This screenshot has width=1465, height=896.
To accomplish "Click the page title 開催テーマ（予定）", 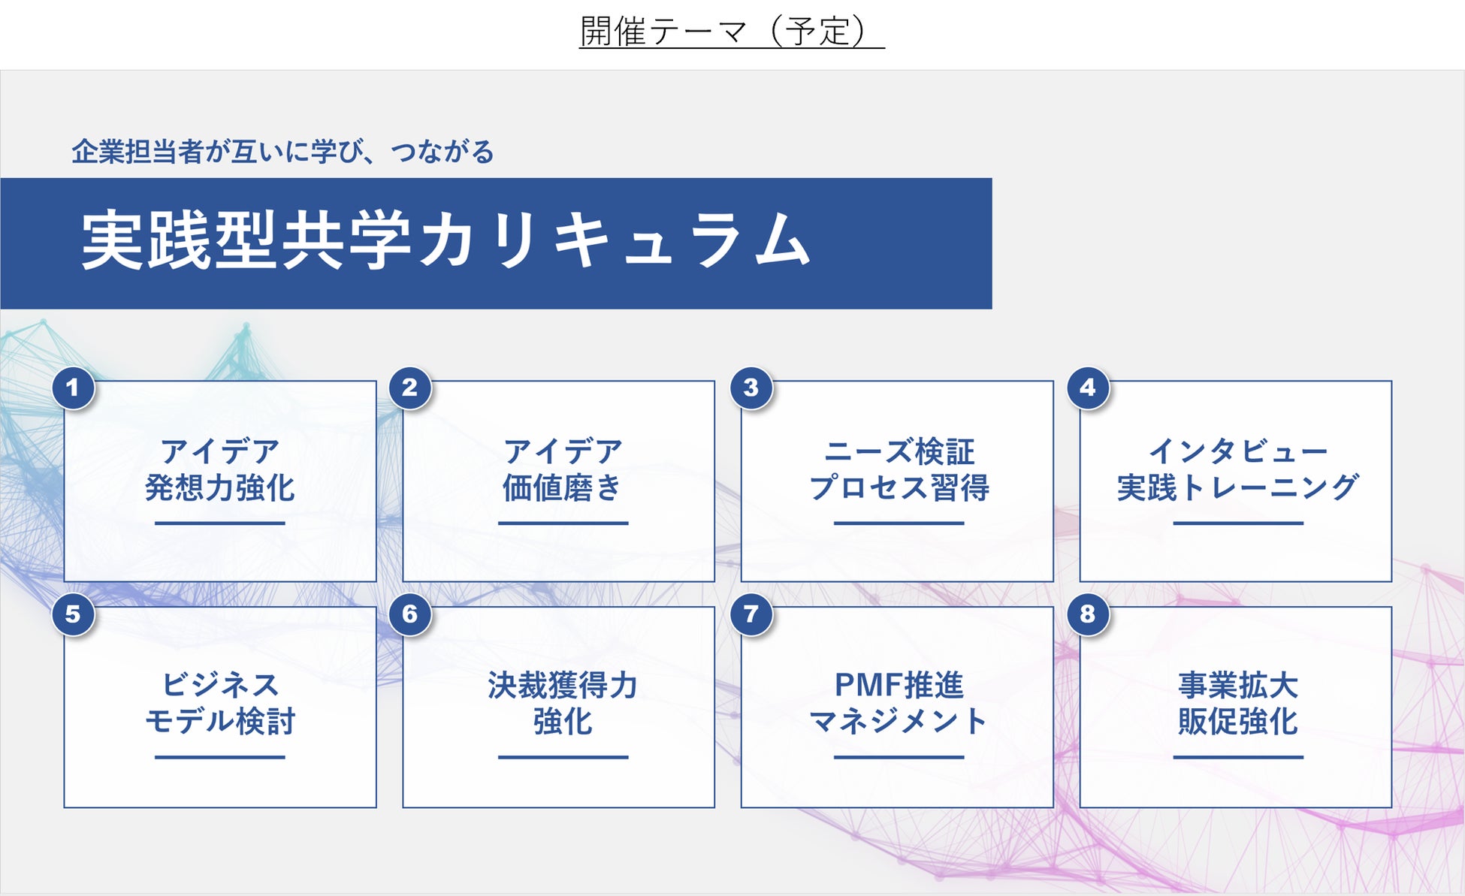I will point(731,32).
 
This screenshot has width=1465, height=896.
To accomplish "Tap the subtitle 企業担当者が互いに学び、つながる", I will point(282,152).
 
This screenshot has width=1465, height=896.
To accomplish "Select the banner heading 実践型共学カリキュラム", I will point(446,240).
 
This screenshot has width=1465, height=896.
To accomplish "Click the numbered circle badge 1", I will point(73,388).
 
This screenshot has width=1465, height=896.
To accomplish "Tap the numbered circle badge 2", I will point(409,388).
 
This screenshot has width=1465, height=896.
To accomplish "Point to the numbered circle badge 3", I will point(751,388).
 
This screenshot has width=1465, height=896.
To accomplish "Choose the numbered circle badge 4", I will point(1087,388).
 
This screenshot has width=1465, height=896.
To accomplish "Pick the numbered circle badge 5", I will point(73,614).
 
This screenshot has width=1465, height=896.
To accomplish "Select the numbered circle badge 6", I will point(409,614).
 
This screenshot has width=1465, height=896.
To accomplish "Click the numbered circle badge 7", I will point(751,614).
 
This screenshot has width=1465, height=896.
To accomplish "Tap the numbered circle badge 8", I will point(1087,614).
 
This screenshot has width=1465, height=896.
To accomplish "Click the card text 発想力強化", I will point(219,488).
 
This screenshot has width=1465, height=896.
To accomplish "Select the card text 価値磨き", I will point(562,488).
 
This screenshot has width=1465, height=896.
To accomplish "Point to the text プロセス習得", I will point(899,488).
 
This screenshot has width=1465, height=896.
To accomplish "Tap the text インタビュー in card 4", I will point(1237,451).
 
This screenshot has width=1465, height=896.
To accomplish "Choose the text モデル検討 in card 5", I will point(219,722).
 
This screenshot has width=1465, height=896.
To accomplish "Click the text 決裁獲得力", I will point(562,685).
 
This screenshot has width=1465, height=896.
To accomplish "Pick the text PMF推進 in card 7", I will point(899,685).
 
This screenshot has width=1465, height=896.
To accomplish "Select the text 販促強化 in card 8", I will point(1237,722).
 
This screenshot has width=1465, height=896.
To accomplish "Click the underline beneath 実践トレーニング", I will point(1237,523).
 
